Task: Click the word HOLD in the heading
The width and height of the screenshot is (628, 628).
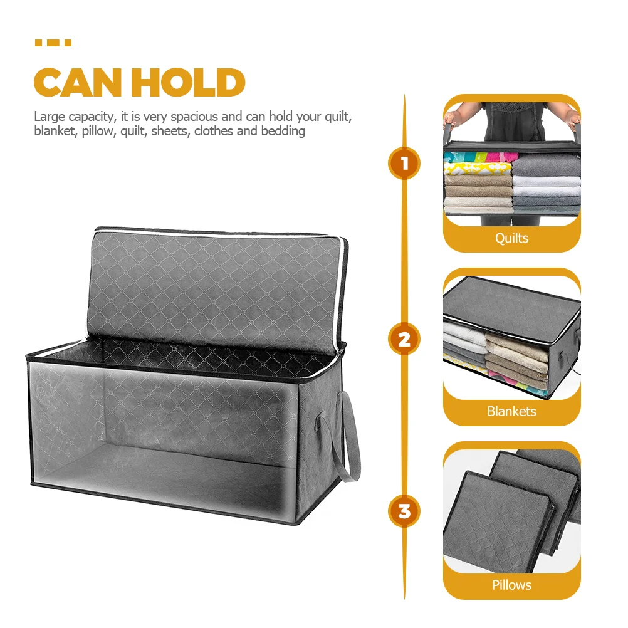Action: [x=188, y=83]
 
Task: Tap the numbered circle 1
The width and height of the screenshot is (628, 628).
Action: [x=404, y=164]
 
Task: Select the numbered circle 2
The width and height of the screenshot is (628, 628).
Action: [x=404, y=339]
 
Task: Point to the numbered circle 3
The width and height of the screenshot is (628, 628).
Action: [x=404, y=511]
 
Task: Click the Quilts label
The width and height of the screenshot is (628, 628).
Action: [x=511, y=238]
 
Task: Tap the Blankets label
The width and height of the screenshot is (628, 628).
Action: [x=511, y=411]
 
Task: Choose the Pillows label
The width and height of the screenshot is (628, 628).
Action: [x=511, y=585]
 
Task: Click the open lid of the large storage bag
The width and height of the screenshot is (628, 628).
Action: [x=217, y=288]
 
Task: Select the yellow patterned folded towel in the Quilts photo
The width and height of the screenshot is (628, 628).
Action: [x=478, y=168]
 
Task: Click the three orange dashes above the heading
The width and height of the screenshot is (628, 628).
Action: [x=53, y=43]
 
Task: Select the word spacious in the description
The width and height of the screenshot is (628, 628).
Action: [x=194, y=117]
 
